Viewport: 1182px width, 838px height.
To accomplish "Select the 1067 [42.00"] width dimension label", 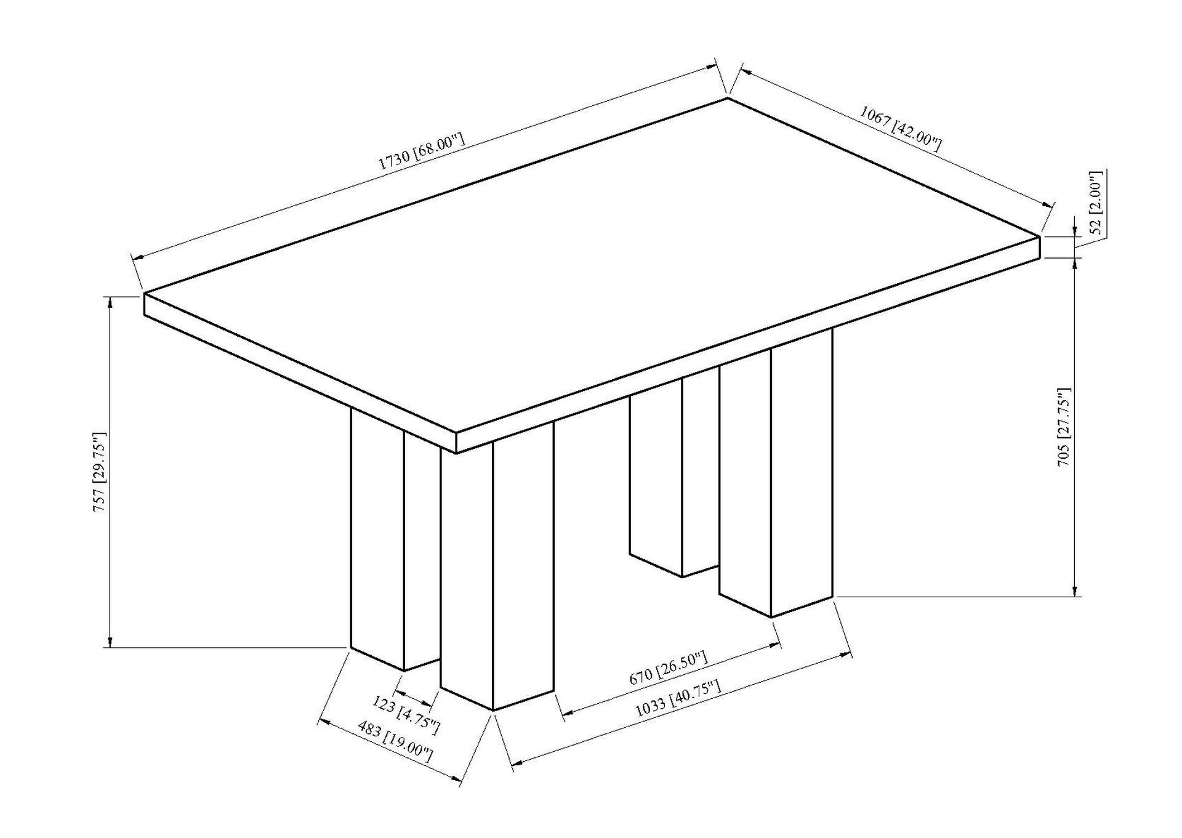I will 900,129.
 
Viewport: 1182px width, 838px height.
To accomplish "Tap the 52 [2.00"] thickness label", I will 1096,203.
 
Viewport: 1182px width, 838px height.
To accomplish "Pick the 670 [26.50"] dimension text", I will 669,669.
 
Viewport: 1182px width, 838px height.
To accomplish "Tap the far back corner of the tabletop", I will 728,98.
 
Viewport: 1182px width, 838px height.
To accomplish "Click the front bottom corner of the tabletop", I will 456,453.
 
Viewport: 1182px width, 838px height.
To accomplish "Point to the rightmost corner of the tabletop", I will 1040,236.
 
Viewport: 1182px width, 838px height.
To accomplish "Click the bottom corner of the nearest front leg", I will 493,711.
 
